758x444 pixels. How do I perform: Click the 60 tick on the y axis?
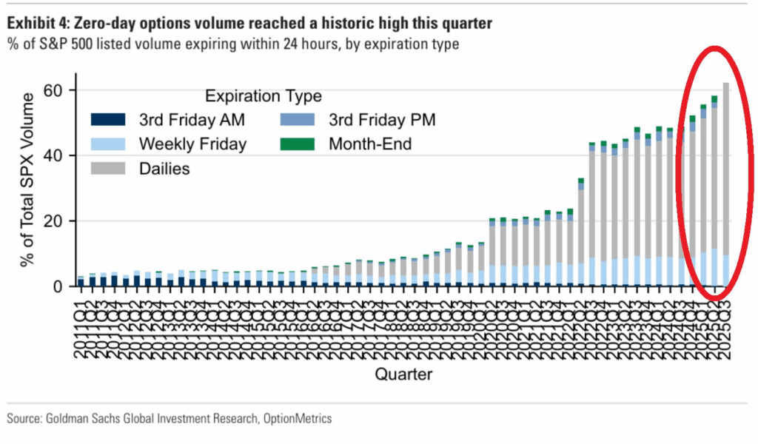(x=57, y=90)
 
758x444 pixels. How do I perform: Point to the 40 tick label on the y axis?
(x=57, y=156)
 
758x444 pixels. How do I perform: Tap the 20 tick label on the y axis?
(x=57, y=221)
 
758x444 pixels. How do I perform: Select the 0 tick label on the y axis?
(x=61, y=286)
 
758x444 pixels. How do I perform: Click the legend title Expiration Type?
(x=263, y=96)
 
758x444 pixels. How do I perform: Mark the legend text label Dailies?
(x=164, y=169)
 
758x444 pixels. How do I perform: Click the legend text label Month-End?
(x=369, y=144)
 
